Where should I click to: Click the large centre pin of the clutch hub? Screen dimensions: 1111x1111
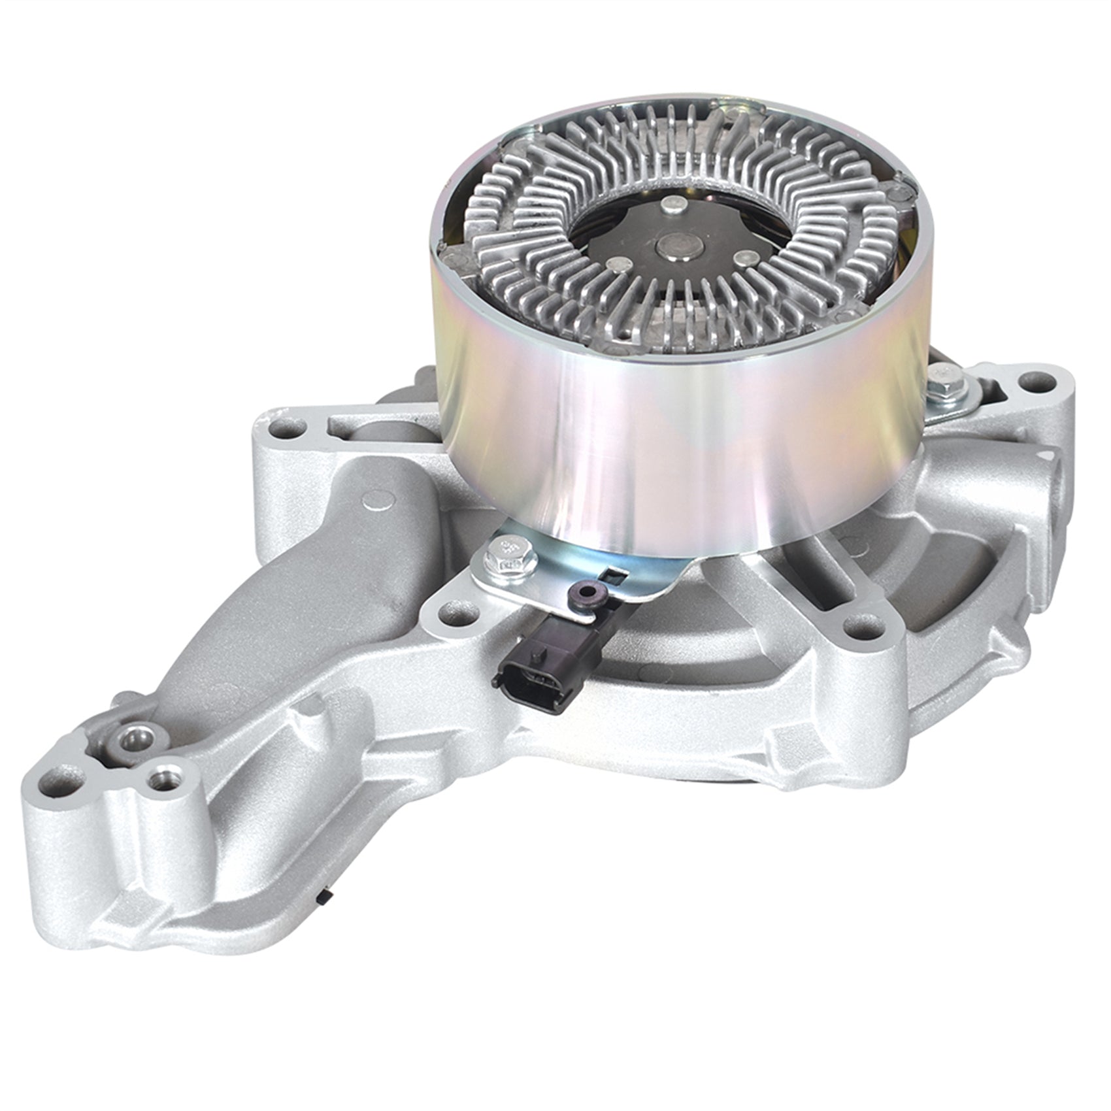677,246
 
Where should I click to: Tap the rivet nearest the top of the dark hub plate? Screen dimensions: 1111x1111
673,205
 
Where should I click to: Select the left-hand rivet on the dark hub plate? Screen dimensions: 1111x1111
616,263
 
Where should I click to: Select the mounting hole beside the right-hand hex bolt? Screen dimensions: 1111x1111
1037,382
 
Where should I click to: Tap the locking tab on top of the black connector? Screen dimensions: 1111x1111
538,652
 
